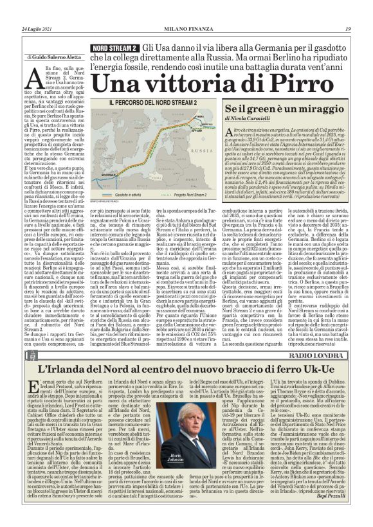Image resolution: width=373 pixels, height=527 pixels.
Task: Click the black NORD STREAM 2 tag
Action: pos(114,49)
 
